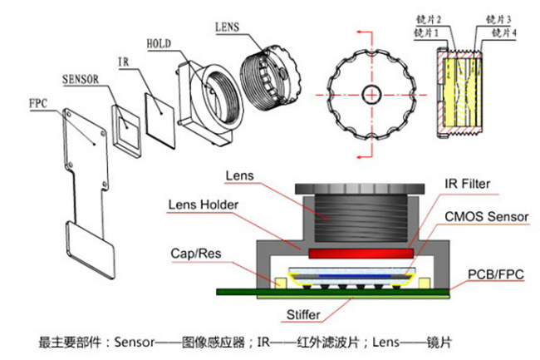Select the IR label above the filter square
coord(124,61)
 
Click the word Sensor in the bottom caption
coord(133,342)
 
